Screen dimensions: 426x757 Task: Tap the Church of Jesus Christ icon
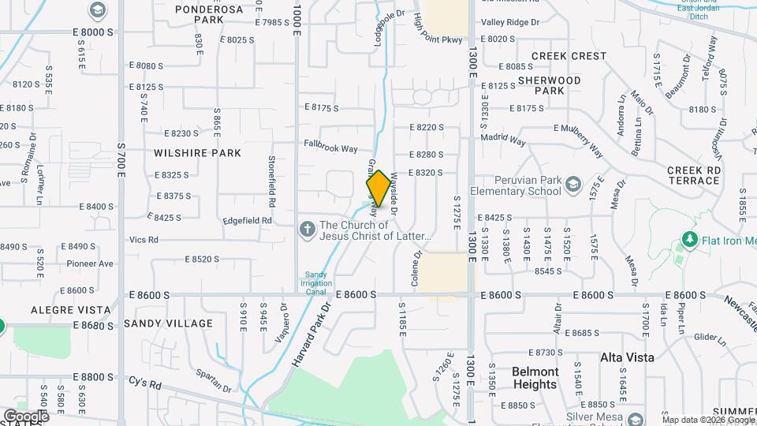click(308, 230)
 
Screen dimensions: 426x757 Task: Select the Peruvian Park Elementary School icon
click(572, 185)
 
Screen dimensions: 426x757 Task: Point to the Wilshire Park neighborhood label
click(197, 152)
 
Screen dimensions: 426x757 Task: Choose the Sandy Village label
click(168, 323)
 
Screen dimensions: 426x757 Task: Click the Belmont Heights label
click(535, 378)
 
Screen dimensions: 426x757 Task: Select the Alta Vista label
click(627, 357)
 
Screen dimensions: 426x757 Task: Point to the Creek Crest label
click(569, 56)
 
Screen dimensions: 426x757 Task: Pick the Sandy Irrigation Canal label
click(316, 283)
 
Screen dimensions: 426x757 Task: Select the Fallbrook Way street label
click(331, 147)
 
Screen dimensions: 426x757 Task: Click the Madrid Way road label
click(505, 139)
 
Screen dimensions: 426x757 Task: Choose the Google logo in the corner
click(26, 416)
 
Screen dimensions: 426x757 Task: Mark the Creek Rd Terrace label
click(693, 175)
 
